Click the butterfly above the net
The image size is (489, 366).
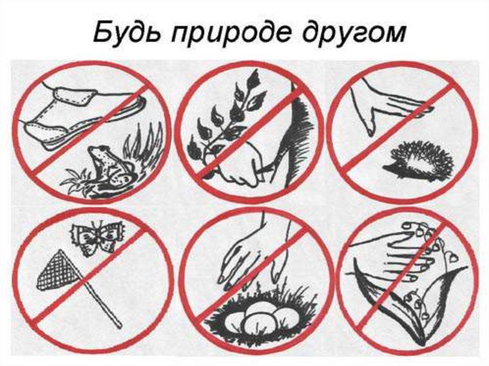[97, 236]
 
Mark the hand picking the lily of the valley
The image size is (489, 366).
[401, 258]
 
